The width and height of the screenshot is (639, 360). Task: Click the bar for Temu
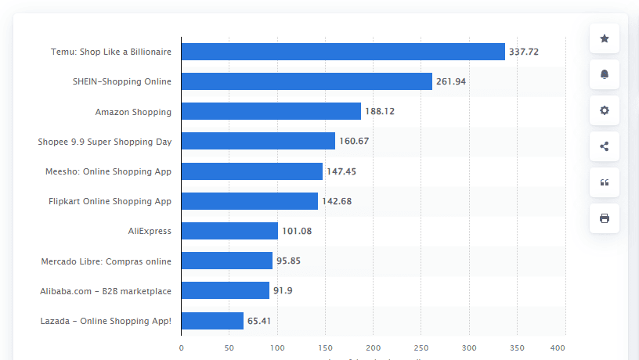coord(343,52)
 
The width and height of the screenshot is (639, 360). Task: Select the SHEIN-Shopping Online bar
coord(306,81)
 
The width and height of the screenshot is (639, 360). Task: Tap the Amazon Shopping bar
coord(271,111)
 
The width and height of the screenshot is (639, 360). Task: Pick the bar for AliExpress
coord(229,231)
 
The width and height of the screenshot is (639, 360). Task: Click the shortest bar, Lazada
coord(212,321)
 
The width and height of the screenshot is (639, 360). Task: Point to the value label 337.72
coord(524,52)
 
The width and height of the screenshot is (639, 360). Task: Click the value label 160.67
coord(354,141)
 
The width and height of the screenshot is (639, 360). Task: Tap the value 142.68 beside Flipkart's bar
coord(337,201)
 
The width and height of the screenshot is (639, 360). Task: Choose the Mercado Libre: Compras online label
coord(106,261)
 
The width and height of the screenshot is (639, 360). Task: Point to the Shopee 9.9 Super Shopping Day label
coord(104,142)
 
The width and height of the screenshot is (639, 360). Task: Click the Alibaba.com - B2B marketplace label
coord(106,291)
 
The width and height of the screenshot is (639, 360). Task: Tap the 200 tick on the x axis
coord(374,347)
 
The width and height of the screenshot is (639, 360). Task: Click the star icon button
coord(604,38)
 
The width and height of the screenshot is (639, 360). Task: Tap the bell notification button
coord(604,74)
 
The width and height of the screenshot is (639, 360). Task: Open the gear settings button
coord(604,110)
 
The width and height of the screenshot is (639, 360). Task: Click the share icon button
coord(604,146)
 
